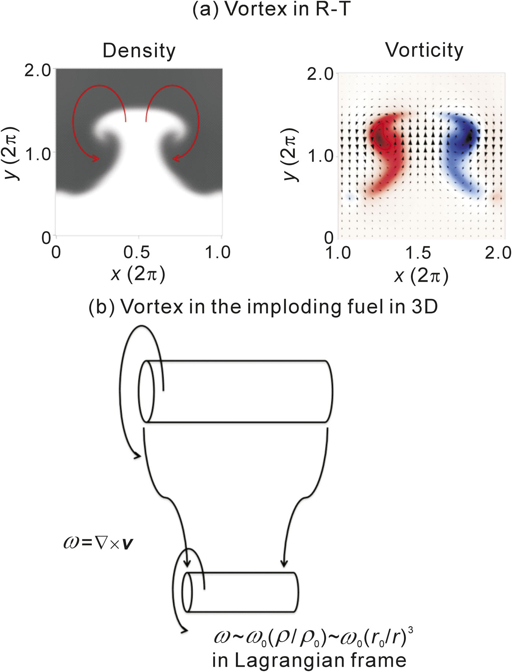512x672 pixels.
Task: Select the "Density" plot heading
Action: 139,51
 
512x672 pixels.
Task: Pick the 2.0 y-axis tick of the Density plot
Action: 37,70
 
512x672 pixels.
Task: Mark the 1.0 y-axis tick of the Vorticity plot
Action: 321,156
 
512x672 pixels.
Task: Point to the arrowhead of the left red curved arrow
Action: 95,158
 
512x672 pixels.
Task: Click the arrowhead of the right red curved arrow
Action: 177,158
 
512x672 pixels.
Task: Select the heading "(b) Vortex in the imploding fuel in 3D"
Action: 263,307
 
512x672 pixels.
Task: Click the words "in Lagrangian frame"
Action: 309,660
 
